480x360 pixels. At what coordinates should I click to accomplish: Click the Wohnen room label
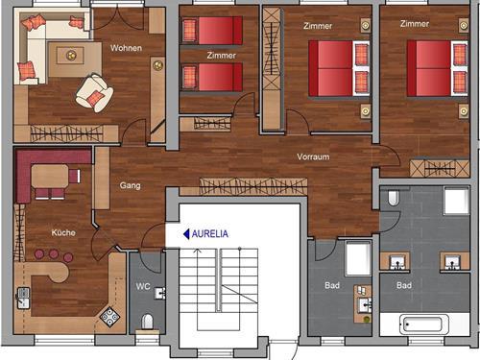[x=126, y=48]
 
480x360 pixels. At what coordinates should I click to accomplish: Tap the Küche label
[x=63, y=232]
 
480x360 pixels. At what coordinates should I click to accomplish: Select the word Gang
[x=130, y=185]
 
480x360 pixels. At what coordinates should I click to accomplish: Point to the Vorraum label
[x=313, y=156]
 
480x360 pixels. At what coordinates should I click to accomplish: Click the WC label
[x=143, y=286]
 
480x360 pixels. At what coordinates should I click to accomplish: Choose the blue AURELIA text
[x=210, y=234]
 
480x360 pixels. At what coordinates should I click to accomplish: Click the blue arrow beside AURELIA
[x=186, y=234]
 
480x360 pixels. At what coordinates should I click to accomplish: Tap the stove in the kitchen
[x=109, y=317]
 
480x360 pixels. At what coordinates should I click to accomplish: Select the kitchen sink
[x=23, y=298]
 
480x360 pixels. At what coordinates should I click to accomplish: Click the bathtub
[x=424, y=324]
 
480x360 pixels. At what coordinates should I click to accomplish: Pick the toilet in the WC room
[x=147, y=322]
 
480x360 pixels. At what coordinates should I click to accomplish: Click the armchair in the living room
[x=94, y=93]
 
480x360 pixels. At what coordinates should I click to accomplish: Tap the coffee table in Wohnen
[x=71, y=56]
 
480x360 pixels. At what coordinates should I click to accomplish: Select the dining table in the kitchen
[x=50, y=176]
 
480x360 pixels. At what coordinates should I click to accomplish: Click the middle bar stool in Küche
[x=54, y=253]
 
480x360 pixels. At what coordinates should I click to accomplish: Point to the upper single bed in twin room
[x=212, y=31]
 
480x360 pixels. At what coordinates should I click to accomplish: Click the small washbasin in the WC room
[x=159, y=293]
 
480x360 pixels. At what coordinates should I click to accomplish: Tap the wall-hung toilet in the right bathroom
[x=393, y=198]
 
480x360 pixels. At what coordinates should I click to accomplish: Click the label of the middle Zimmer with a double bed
[x=318, y=26]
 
